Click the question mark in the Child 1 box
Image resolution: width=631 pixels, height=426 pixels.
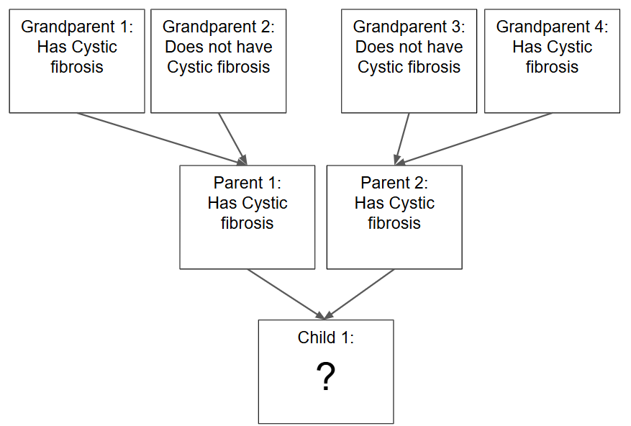pos(326,376)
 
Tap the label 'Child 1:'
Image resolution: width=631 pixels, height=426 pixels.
pos(326,337)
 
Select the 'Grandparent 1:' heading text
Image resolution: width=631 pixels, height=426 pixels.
pos(77,27)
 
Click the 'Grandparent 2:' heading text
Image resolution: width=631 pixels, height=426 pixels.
pos(219,27)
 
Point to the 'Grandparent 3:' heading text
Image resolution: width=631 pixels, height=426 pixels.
pos(409,27)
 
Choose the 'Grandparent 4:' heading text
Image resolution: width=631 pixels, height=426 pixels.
pos(552,27)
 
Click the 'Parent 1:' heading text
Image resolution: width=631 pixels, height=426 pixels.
pos(247,183)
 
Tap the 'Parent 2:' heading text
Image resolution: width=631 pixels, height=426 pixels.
pos(394,183)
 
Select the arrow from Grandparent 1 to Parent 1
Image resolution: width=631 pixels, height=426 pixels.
pos(162,139)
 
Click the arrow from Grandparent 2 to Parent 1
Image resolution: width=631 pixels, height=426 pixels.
pos(232,139)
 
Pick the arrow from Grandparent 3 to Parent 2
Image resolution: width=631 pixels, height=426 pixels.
pos(402,139)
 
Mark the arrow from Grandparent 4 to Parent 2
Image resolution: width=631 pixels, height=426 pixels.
pos(473,139)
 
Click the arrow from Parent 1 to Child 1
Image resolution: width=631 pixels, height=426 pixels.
pos(286,294)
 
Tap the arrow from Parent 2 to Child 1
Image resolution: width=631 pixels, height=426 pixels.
pos(359,294)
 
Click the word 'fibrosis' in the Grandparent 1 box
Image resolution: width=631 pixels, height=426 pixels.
pos(77,67)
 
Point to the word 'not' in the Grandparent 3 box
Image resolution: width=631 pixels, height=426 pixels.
pos(412,47)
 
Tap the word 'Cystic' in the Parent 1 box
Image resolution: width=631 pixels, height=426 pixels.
pos(264,204)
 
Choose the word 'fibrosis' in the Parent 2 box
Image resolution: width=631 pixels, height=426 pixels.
pos(394,223)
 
